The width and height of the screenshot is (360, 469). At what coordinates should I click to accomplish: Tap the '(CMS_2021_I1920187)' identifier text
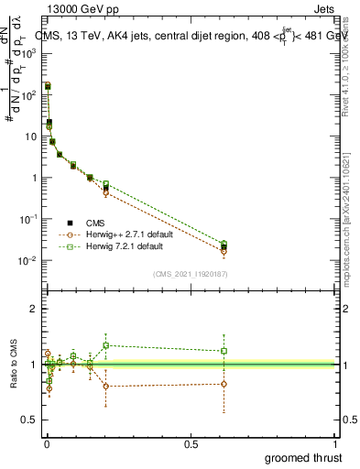click(x=190, y=273)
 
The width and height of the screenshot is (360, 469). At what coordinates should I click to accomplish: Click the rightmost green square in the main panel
click(x=224, y=244)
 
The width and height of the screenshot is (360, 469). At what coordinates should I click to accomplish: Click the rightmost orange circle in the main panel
click(x=224, y=251)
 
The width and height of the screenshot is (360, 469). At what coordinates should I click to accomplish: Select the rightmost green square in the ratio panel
click(x=224, y=351)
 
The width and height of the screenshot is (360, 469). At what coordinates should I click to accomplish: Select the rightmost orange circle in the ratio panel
click(x=224, y=384)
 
